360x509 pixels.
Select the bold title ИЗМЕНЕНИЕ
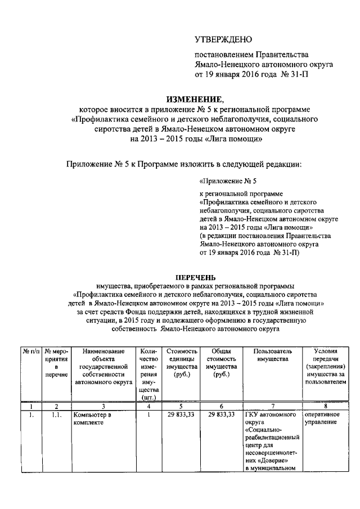(195, 99)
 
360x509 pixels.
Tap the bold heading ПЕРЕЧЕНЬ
(195, 277)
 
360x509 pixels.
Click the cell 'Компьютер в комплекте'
(93, 419)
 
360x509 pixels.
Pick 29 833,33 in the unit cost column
(182, 415)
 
